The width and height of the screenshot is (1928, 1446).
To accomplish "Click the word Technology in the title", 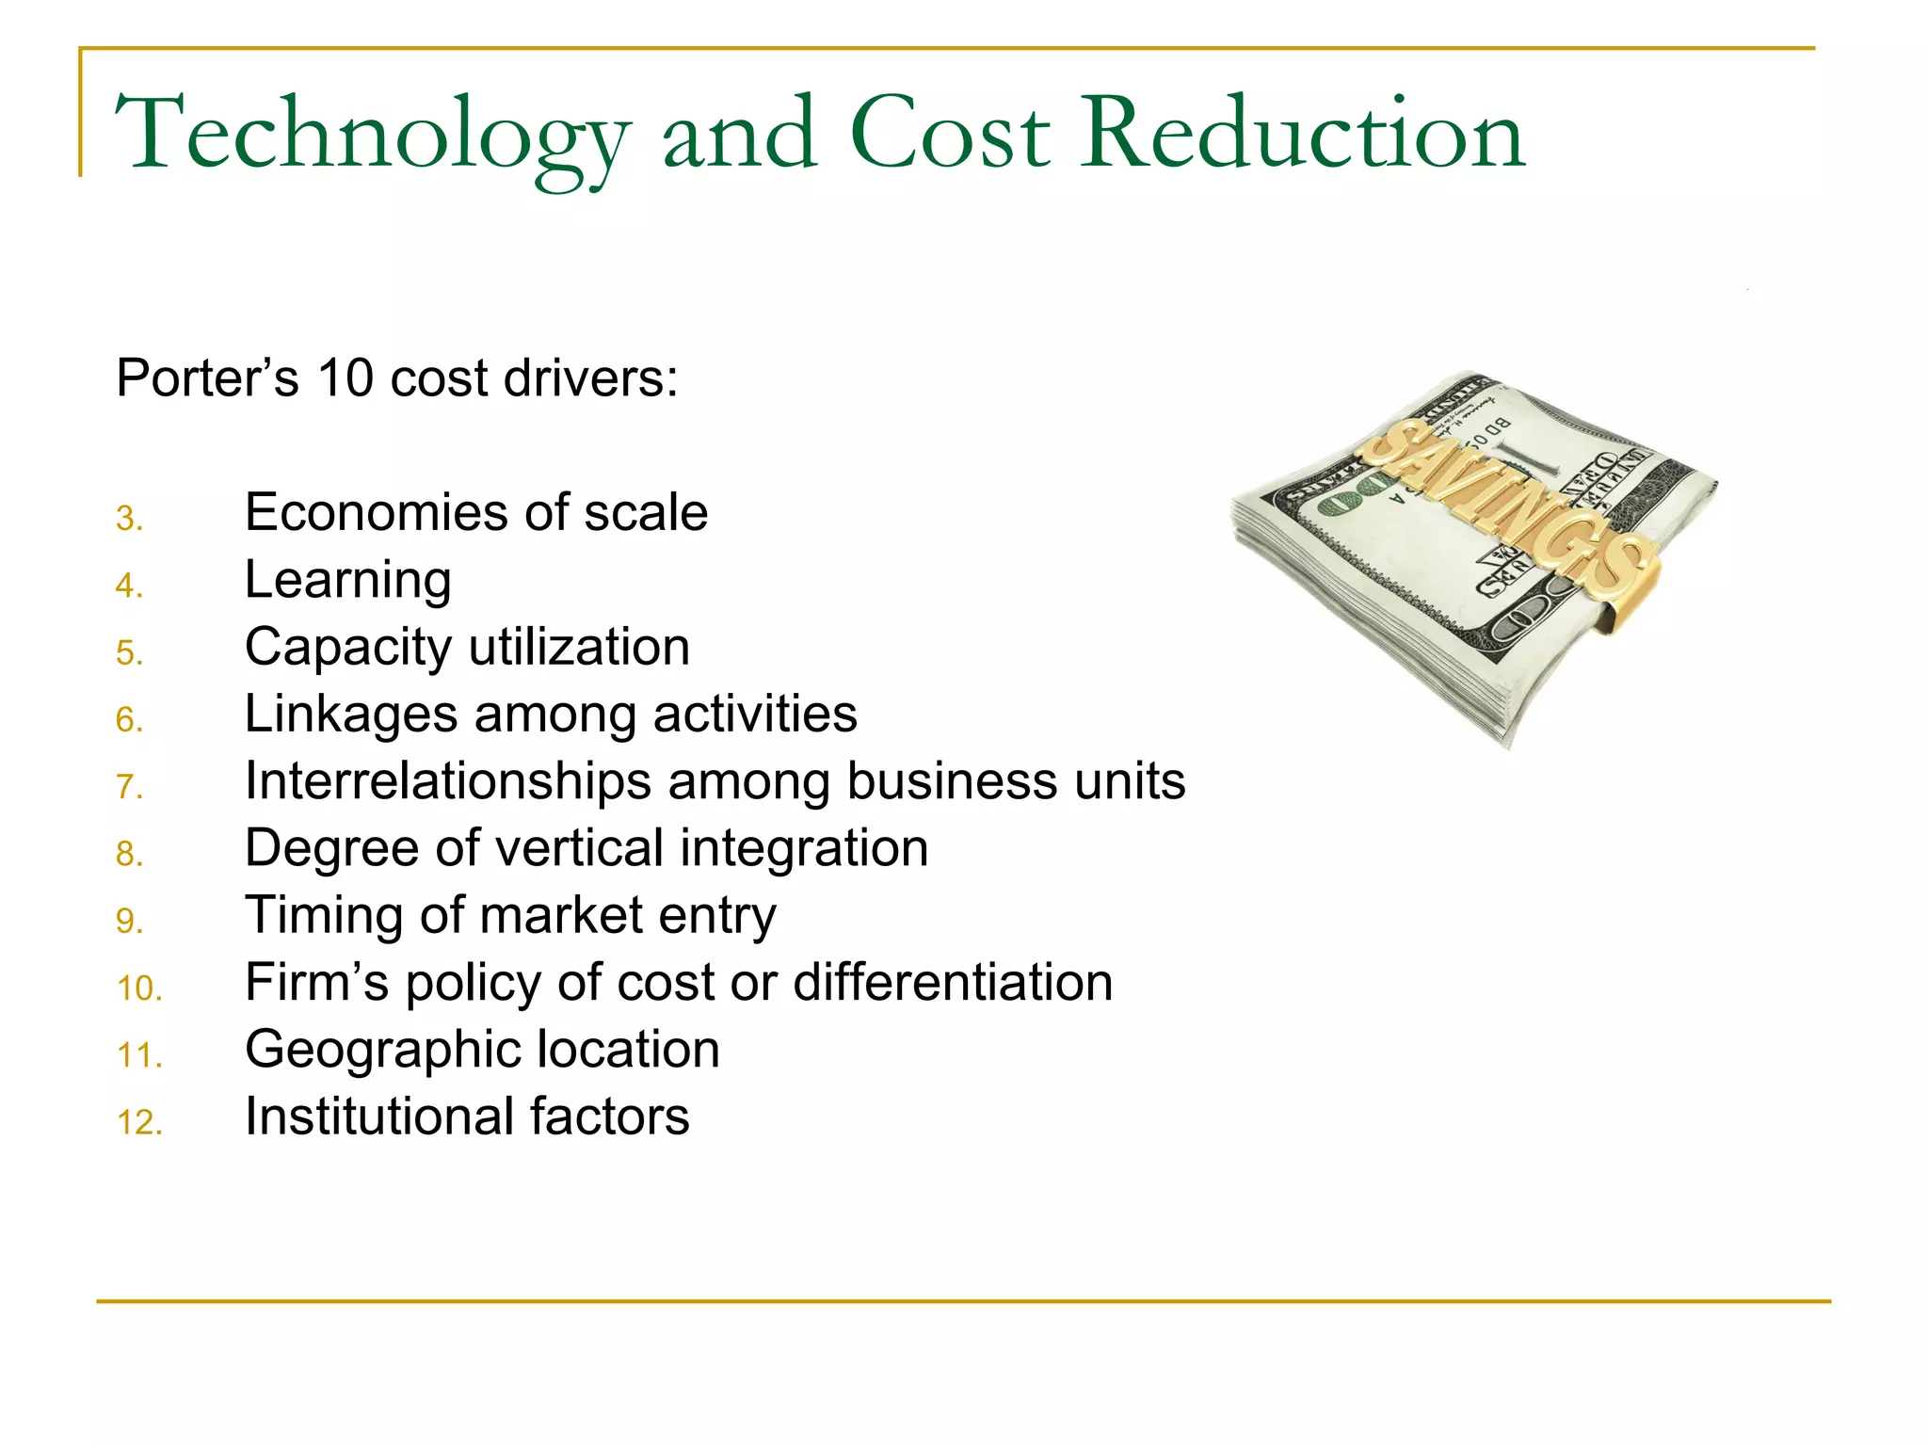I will [372, 137].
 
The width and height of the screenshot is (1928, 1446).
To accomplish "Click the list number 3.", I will [129, 519].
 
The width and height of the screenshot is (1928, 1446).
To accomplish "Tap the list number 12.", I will [139, 1122].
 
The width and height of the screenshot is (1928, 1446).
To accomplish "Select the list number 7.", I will [129, 787].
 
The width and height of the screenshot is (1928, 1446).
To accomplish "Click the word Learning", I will [347, 581].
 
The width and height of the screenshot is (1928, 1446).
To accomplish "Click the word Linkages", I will [350, 715].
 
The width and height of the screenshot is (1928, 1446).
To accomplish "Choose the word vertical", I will [579, 848].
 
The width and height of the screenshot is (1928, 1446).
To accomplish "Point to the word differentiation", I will [953, 982].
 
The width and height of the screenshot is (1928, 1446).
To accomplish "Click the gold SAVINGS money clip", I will [1506, 509].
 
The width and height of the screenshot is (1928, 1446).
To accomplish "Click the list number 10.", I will [139, 988].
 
